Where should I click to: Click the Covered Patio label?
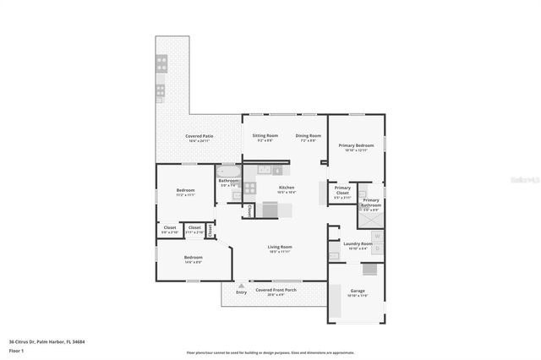199,137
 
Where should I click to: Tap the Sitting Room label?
265,136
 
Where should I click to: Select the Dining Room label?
308,136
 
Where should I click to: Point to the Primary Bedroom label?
356,146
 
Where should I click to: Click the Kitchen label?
287,188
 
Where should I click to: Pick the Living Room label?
280,248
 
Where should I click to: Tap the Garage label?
358,292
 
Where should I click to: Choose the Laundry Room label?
358,245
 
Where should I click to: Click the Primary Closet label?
342,190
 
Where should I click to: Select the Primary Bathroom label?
371,203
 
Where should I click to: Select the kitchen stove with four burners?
250,189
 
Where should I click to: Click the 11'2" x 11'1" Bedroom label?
185,192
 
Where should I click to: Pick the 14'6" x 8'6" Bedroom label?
193,259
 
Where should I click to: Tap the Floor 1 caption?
17,350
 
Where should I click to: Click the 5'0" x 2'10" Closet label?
170,229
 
